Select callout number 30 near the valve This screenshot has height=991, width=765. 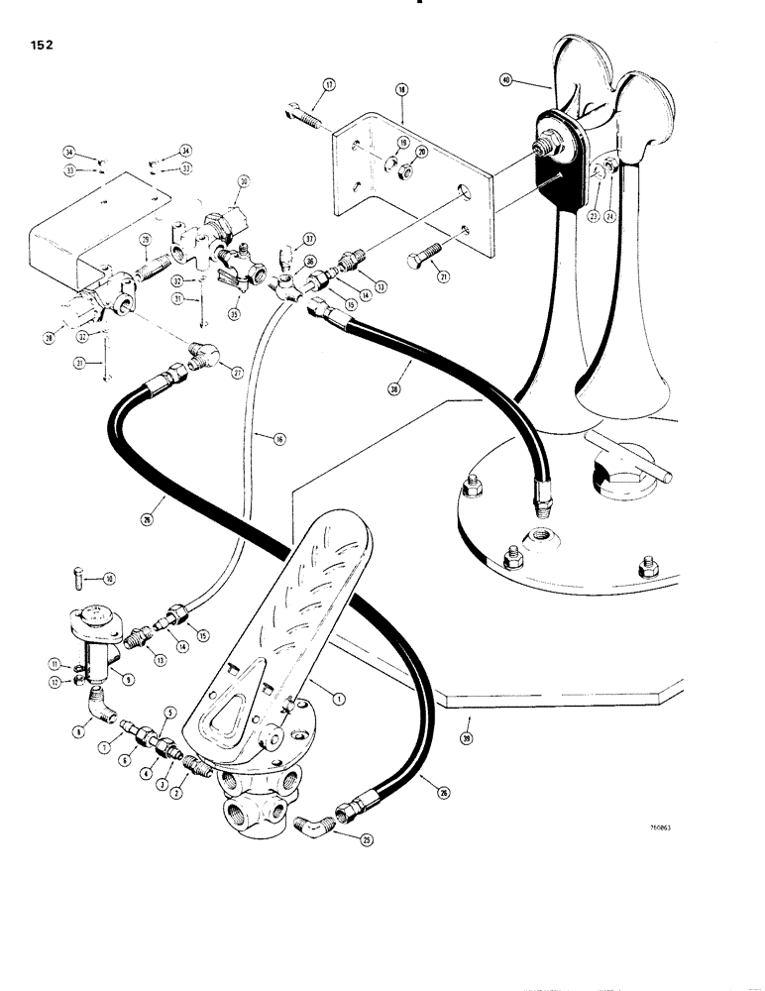(x=243, y=181)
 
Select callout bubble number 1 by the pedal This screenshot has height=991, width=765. (x=339, y=698)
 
